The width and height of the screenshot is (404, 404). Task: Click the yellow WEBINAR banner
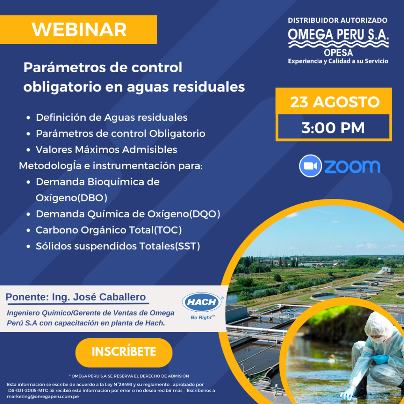point(79,30)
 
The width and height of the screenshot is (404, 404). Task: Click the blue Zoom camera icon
point(311,166)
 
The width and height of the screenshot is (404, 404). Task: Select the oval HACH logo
point(202,303)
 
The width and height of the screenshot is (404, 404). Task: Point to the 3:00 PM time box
point(333,128)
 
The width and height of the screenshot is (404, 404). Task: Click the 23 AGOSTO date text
point(335,103)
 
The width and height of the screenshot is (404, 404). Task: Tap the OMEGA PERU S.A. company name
point(338,35)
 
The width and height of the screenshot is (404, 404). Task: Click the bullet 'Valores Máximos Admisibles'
point(106,150)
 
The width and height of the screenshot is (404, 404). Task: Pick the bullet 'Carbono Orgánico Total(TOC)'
point(108,230)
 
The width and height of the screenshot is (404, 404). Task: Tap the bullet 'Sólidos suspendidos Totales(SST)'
point(118,246)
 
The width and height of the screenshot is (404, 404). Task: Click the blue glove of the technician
point(380,359)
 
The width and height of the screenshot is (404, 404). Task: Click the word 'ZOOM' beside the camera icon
point(352,166)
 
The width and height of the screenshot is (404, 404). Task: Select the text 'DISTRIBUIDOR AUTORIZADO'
point(338,20)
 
